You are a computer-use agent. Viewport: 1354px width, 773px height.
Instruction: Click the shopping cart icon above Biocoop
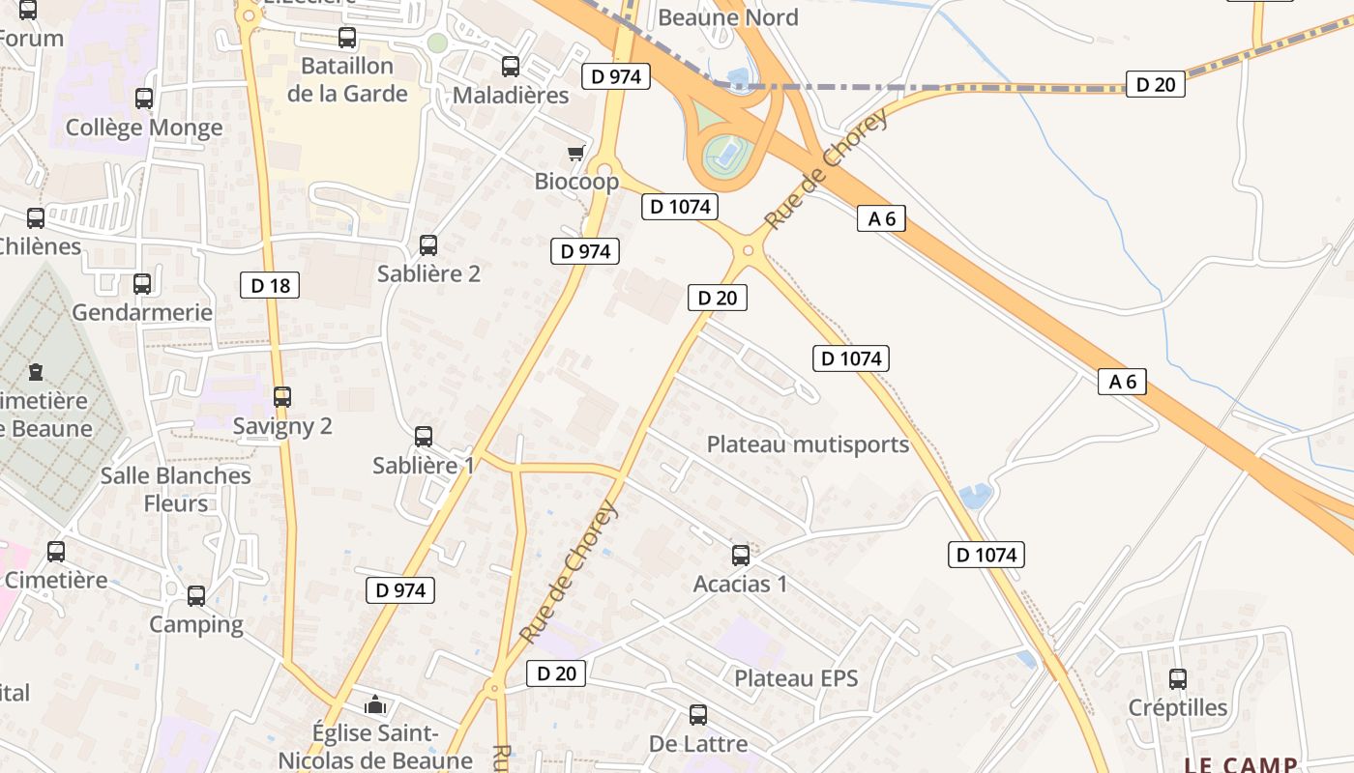click(576, 153)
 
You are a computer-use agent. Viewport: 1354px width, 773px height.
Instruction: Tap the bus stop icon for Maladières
click(511, 67)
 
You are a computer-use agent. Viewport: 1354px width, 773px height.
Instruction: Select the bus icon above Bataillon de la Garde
click(347, 38)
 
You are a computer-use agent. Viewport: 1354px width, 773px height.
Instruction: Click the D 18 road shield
click(270, 285)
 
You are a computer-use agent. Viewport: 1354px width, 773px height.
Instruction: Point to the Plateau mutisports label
click(808, 444)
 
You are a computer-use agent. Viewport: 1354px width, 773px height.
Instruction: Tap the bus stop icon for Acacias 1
click(741, 556)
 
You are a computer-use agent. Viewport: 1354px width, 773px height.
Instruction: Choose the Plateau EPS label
click(796, 678)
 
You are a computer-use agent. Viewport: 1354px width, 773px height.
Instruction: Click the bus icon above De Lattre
click(698, 715)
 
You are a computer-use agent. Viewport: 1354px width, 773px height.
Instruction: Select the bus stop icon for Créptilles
click(1178, 679)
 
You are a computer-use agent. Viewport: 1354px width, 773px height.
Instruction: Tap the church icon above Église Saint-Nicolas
click(375, 704)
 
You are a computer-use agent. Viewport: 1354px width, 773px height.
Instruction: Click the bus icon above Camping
click(196, 596)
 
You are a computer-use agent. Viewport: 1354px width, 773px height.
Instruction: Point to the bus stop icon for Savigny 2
click(282, 397)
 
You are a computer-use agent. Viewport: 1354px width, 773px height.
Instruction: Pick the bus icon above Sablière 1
click(424, 437)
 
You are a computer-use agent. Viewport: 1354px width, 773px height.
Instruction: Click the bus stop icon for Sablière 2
click(428, 245)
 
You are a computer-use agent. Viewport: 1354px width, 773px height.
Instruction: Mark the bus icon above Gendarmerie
click(142, 284)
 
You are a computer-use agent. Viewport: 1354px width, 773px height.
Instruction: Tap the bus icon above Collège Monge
click(144, 99)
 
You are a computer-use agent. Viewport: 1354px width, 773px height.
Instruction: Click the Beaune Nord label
click(728, 17)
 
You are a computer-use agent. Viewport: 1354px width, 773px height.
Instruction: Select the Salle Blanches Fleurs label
click(176, 489)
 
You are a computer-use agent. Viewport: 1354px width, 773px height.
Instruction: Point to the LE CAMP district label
click(1241, 764)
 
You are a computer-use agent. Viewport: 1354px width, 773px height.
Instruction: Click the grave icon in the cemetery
click(36, 372)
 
